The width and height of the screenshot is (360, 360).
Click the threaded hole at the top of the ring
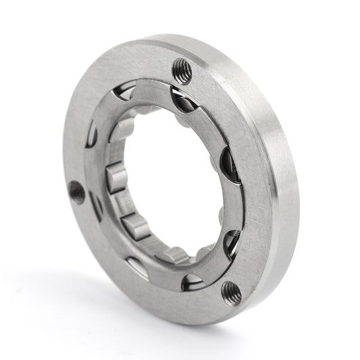pyautogui.click(x=182, y=68)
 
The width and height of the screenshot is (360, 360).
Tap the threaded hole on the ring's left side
pyautogui.click(x=77, y=192)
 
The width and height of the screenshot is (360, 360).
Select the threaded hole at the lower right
pyautogui.click(x=231, y=292)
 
